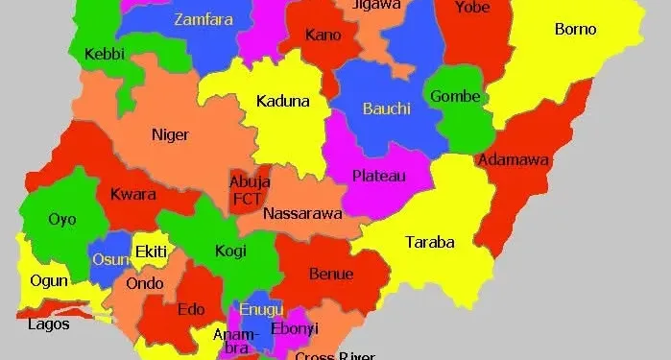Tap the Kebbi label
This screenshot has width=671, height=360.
[105, 54]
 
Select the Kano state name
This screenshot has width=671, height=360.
[323, 36]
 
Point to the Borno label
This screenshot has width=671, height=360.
[575, 30]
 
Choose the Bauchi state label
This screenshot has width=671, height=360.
[386, 108]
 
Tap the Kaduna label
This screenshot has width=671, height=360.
[282, 101]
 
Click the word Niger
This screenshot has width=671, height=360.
[170, 135]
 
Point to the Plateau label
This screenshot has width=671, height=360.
[378, 176]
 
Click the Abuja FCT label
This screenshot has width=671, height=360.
[250, 190]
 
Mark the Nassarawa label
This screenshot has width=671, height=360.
[302, 213]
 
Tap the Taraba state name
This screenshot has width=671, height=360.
[429, 242]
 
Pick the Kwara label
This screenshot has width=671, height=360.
[133, 195]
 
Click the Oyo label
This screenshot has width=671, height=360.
[62, 219]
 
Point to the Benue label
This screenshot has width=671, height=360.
[331, 274]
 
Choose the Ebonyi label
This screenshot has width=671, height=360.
[294, 328]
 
